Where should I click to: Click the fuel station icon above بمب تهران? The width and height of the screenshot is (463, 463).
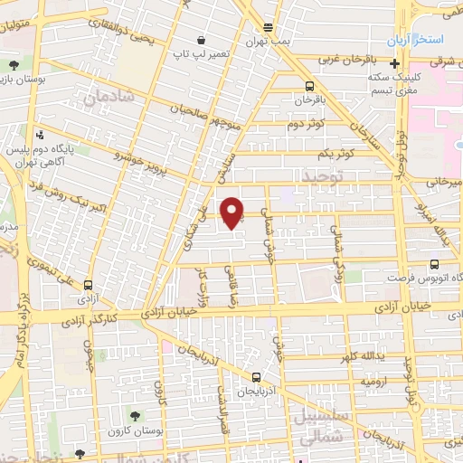point(267,28)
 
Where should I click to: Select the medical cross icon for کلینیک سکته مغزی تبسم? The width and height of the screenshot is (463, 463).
point(394,63)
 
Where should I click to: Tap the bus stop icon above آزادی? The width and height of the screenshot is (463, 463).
point(88,283)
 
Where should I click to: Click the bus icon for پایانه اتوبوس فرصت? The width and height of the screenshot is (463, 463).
point(435,264)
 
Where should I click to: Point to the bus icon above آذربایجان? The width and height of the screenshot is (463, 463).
point(256,377)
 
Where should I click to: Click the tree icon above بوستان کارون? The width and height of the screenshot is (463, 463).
point(135,416)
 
